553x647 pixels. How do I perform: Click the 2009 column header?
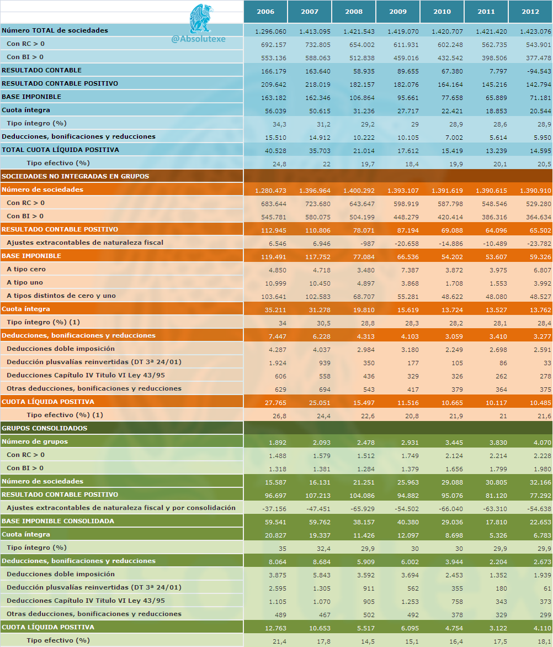point(398,12)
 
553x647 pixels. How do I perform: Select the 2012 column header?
point(530,12)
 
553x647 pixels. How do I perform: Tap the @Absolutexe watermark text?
point(198,39)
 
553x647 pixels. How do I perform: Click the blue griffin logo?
point(201,19)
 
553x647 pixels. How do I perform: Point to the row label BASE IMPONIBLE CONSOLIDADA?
point(58,521)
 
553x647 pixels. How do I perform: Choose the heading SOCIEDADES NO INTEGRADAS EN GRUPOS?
point(76,176)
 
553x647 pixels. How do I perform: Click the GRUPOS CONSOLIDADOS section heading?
point(45,428)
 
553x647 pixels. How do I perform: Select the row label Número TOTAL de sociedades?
point(55,30)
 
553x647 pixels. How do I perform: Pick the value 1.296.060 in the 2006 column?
point(270,31)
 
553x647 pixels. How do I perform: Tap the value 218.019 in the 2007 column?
point(318,85)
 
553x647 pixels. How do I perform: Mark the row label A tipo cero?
point(26,269)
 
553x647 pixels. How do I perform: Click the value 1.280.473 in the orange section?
point(270,191)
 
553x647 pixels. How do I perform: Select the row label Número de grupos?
point(35,441)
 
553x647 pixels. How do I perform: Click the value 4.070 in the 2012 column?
point(543,443)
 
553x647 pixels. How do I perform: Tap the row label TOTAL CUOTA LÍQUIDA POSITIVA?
point(60,150)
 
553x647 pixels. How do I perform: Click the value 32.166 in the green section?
point(540,482)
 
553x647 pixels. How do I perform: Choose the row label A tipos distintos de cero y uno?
point(61,296)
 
